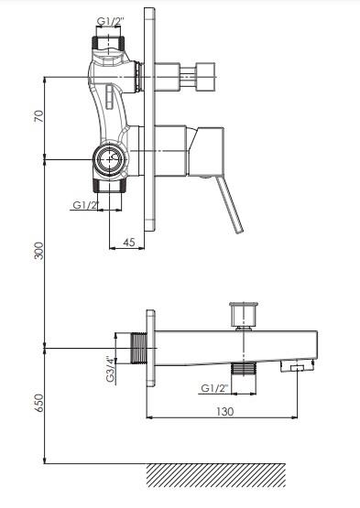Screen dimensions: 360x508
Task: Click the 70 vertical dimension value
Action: (x=38, y=116)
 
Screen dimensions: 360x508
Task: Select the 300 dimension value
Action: (x=38, y=251)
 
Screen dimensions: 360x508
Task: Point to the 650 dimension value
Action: (x=38, y=403)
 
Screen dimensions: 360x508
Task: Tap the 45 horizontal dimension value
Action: (x=129, y=242)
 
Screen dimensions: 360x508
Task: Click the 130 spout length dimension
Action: (x=224, y=412)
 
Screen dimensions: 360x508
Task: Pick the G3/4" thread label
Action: (x=111, y=369)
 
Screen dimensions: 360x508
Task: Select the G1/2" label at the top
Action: (x=111, y=21)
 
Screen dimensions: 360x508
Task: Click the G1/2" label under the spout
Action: (x=214, y=388)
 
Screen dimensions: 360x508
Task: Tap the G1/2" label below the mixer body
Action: (x=85, y=205)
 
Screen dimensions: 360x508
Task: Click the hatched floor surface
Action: (x=216, y=475)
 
